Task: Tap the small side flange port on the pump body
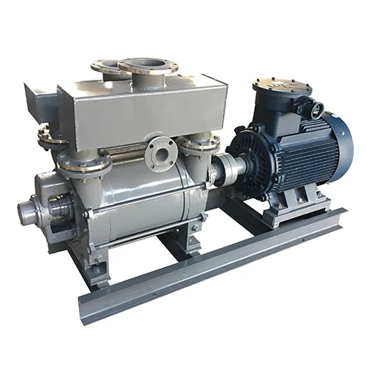(x=159, y=153)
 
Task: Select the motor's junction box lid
(x=281, y=87)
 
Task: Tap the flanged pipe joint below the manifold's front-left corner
(x=81, y=163)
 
